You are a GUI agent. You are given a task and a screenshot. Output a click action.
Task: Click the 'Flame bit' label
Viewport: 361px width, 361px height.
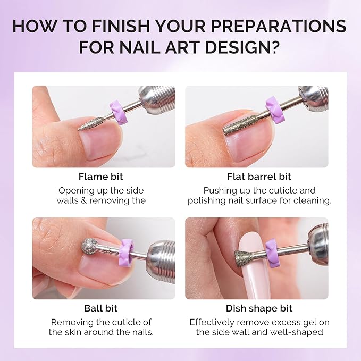(100, 177)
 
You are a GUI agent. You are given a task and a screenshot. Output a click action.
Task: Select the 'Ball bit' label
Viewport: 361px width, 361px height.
(100, 308)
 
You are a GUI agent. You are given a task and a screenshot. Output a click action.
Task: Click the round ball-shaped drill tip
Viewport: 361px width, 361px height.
(89, 246)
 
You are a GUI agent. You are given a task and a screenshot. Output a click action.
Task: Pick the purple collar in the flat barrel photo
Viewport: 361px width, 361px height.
(275, 110)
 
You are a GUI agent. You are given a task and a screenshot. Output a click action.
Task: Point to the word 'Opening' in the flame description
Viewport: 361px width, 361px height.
(77, 190)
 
